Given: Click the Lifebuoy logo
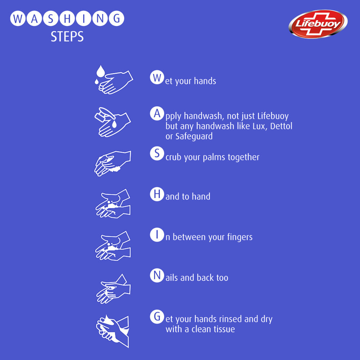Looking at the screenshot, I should coord(318,24).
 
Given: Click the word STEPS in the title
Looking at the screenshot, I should coord(67,37).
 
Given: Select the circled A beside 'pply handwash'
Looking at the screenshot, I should coord(156,114).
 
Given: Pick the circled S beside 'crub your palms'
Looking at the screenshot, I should coord(156,154).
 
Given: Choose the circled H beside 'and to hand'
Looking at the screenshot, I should coord(156,194).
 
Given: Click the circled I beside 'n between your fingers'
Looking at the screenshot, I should coord(156,235).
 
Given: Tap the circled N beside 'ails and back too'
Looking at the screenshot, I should coord(156,276).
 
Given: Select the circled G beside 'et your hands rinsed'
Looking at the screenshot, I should coord(156,317).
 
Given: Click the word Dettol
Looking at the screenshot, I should coord(280,126).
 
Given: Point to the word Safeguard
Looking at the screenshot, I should coord(194,136).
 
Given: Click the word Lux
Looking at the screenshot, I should coord(256,126).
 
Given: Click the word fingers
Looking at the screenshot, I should coord(240,237).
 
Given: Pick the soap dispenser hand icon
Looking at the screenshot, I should coord(113,122).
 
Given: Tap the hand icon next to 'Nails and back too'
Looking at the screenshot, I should coord(113,289).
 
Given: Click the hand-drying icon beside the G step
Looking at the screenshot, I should coord(113,330).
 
